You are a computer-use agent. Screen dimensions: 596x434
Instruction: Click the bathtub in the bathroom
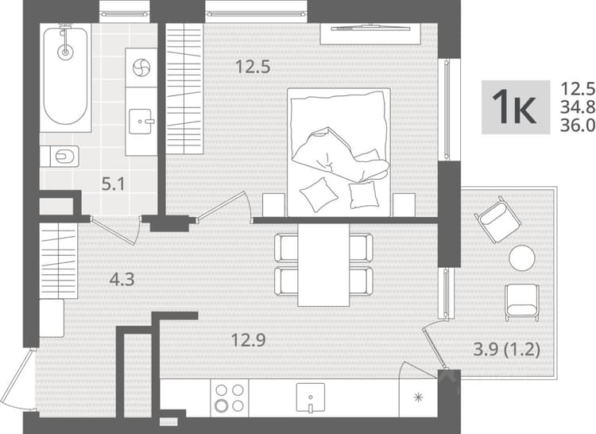(x=65, y=78)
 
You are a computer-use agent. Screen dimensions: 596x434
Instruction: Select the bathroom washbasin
(x=141, y=122)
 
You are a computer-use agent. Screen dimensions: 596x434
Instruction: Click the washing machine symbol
(x=141, y=68)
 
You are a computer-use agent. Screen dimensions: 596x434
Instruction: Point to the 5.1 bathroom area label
(x=114, y=185)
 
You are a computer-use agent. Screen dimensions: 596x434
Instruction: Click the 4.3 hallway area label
(x=122, y=280)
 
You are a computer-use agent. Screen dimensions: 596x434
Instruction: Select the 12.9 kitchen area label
(x=249, y=339)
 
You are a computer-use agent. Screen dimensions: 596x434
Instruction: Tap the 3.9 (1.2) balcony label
(x=507, y=349)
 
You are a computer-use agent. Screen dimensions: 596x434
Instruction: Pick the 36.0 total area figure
(x=578, y=126)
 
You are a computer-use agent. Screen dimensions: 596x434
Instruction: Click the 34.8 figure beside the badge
(x=578, y=107)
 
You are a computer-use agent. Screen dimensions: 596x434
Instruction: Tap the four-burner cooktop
(x=229, y=398)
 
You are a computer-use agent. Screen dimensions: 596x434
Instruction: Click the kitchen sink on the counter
(x=311, y=397)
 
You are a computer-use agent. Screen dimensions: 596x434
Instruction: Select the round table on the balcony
(x=522, y=258)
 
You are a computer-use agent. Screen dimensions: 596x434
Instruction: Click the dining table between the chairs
(x=323, y=265)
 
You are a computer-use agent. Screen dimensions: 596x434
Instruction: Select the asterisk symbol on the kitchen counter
(x=418, y=397)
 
